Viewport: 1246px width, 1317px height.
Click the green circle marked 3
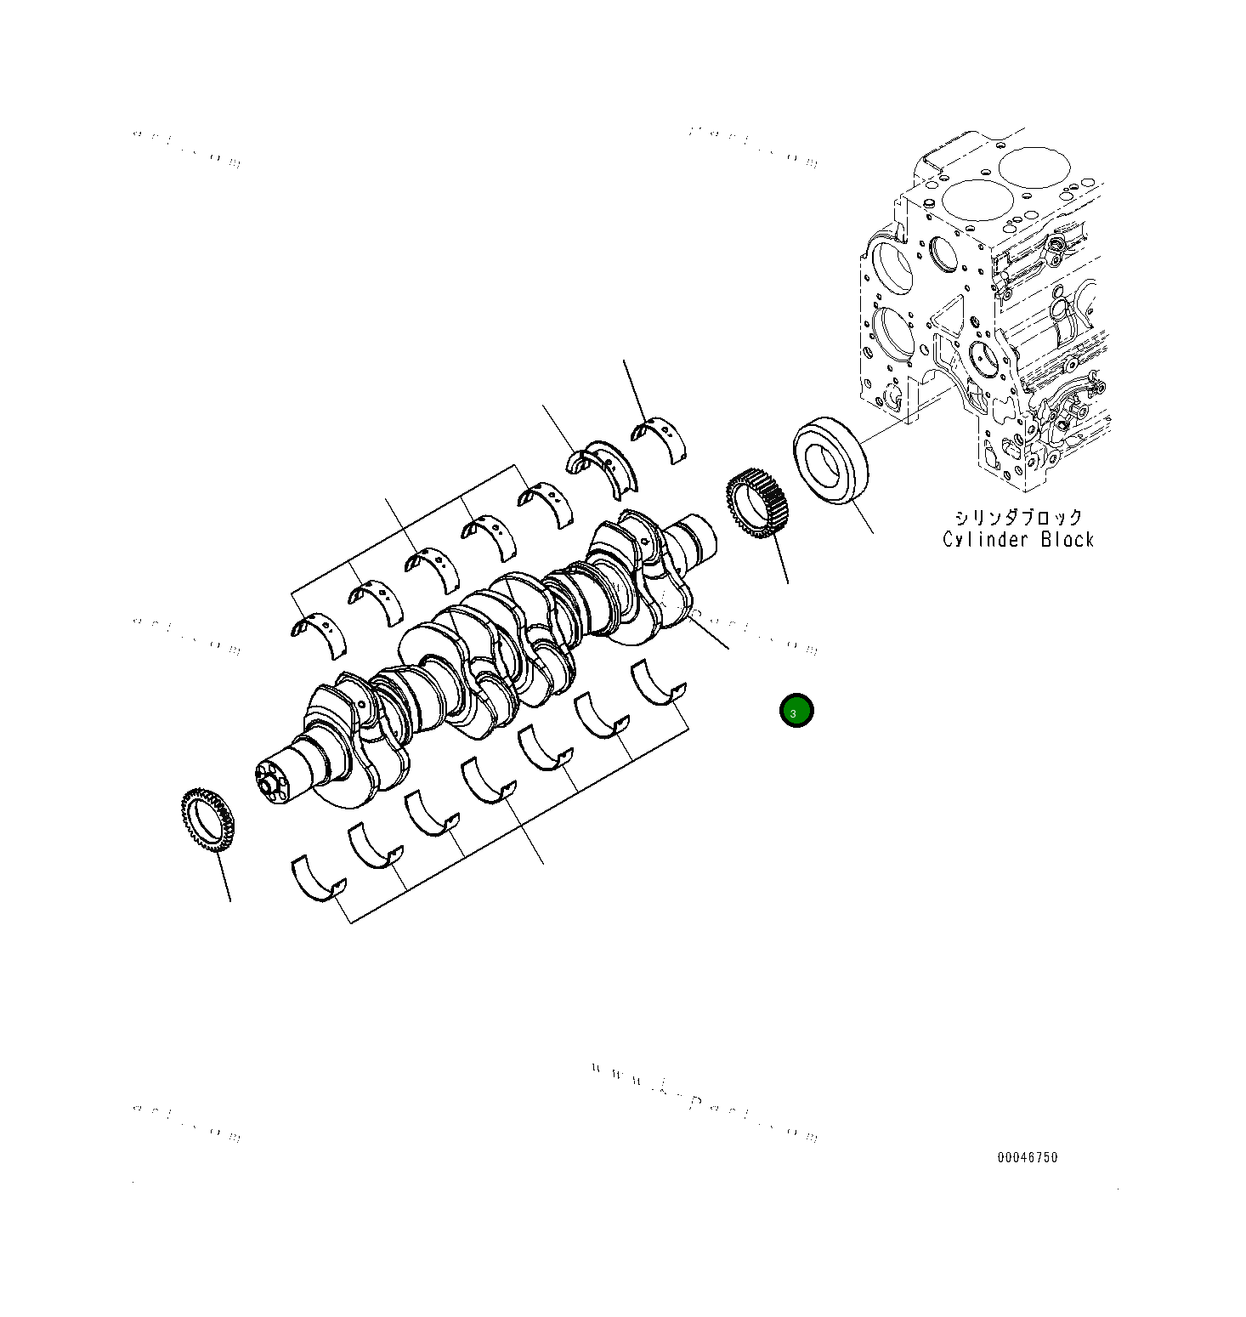coord(796,712)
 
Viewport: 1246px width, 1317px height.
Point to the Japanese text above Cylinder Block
coord(1017,518)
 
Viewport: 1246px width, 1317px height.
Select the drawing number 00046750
coord(1028,1157)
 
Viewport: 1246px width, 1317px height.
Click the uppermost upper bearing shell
coord(660,437)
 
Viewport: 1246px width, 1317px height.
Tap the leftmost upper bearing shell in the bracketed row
coord(319,633)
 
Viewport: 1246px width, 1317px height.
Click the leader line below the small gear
coord(779,561)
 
